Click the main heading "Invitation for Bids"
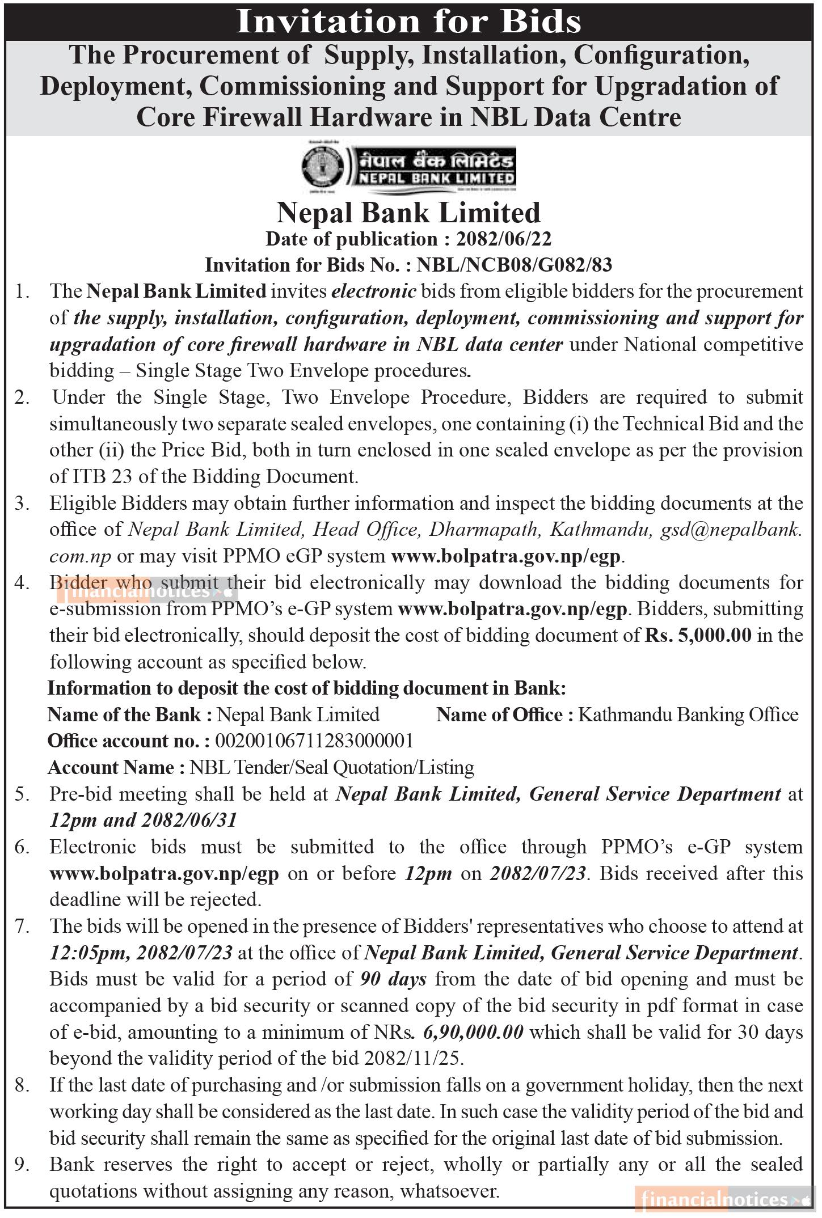(x=408, y=22)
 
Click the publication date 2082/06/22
(x=503, y=239)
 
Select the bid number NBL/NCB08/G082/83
(x=515, y=265)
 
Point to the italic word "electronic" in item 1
(x=374, y=291)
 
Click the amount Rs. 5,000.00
(x=698, y=635)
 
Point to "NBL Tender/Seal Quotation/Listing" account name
(x=332, y=767)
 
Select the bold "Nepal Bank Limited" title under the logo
(x=408, y=213)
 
